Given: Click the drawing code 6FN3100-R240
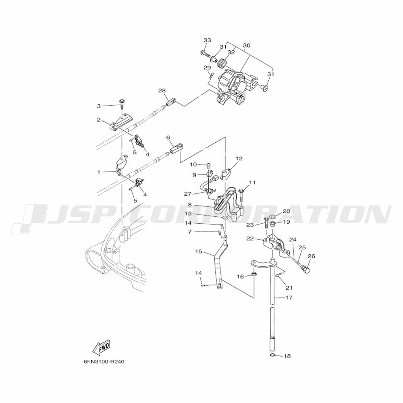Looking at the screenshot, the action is pos(104,362).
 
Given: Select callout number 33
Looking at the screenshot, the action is pos(207,40).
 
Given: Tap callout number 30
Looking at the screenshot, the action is pos(247,46).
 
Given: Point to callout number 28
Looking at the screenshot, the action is pos(162,90).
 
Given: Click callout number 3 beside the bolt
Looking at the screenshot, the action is pos(99,106).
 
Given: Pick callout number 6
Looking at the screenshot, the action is pos(168,137).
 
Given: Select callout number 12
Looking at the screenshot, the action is pos(239,158).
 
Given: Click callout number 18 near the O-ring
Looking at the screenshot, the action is pos(287,356).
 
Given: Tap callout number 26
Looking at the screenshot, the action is pos(311,256).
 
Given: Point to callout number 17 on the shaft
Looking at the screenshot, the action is pos(289,298).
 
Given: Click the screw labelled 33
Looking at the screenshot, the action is pos(205,54).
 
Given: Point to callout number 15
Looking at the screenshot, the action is pos(199,251).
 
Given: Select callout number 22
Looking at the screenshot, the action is pos(250,239).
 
